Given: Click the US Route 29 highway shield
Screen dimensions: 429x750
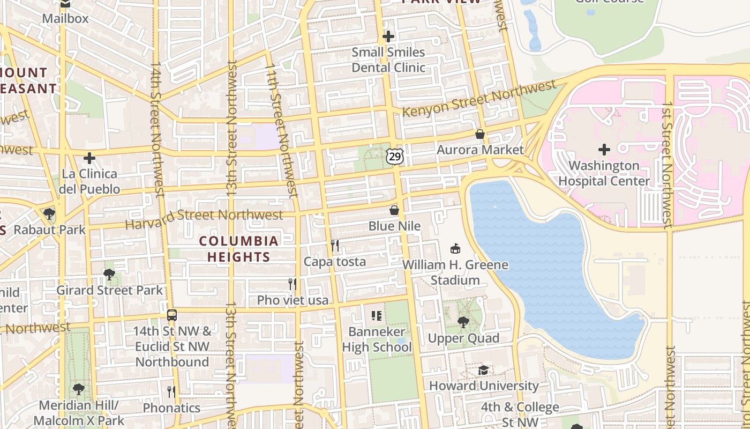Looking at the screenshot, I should click(x=395, y=156).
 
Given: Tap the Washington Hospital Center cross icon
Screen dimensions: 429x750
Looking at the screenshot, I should click(x=604, y=150).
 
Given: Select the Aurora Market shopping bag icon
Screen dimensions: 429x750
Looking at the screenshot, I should click(x=480, y=134).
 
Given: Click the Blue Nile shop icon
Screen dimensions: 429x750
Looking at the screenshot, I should click(x=394, y=210).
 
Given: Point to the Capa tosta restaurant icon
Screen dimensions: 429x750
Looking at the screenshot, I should click(x=335, y=246).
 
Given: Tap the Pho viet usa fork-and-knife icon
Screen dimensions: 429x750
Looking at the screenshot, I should click(x=292, y=284).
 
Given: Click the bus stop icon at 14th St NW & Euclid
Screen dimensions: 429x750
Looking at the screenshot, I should click(x=171, y=315).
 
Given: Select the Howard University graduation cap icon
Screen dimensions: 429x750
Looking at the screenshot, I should click(x=483, y=370).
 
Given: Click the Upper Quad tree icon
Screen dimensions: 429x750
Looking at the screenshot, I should click(x=463, y=322).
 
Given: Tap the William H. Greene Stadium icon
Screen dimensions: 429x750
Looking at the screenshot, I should click(x=455, y=249).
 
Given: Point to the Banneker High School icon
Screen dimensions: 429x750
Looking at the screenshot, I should click(x=377, y=316).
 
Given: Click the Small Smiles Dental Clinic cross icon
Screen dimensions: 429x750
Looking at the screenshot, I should click(x=388, y=36).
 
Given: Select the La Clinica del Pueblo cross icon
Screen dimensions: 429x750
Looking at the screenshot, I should click(x=89, y=158).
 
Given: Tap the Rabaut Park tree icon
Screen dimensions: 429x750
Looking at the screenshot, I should click(x=49, y=214).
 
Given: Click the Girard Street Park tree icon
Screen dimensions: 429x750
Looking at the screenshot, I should click(x=109, y=275).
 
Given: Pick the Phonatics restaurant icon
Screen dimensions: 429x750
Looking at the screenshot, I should click(x=171, y=392).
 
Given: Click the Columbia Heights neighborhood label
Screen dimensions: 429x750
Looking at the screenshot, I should click(x=239, y=249).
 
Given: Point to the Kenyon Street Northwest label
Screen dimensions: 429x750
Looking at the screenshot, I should click(x=479, y=99).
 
